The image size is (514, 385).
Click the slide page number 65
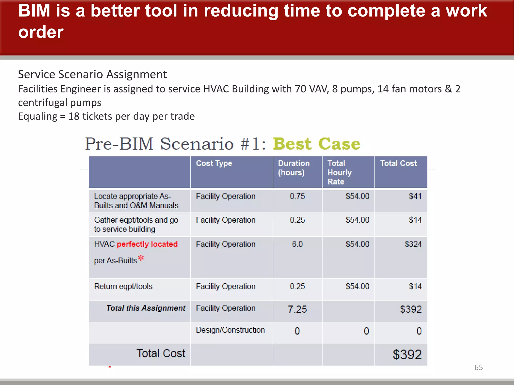478,367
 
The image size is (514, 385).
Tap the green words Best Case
316,144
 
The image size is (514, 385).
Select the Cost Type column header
214,163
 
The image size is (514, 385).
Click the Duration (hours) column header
293,168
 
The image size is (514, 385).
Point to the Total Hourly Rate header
339,172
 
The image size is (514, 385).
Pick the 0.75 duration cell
297,196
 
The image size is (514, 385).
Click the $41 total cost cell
415,196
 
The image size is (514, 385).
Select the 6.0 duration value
297,244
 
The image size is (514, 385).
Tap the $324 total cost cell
413,244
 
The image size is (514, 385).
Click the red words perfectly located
147,244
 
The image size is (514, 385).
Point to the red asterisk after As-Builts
141,258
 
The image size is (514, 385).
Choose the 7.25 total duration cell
297,309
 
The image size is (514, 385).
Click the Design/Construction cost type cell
230,330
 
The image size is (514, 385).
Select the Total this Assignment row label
146,308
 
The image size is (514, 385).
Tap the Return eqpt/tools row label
123,286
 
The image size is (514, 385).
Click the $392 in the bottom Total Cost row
407,355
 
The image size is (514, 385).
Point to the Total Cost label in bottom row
161,353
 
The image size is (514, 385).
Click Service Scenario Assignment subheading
92,74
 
